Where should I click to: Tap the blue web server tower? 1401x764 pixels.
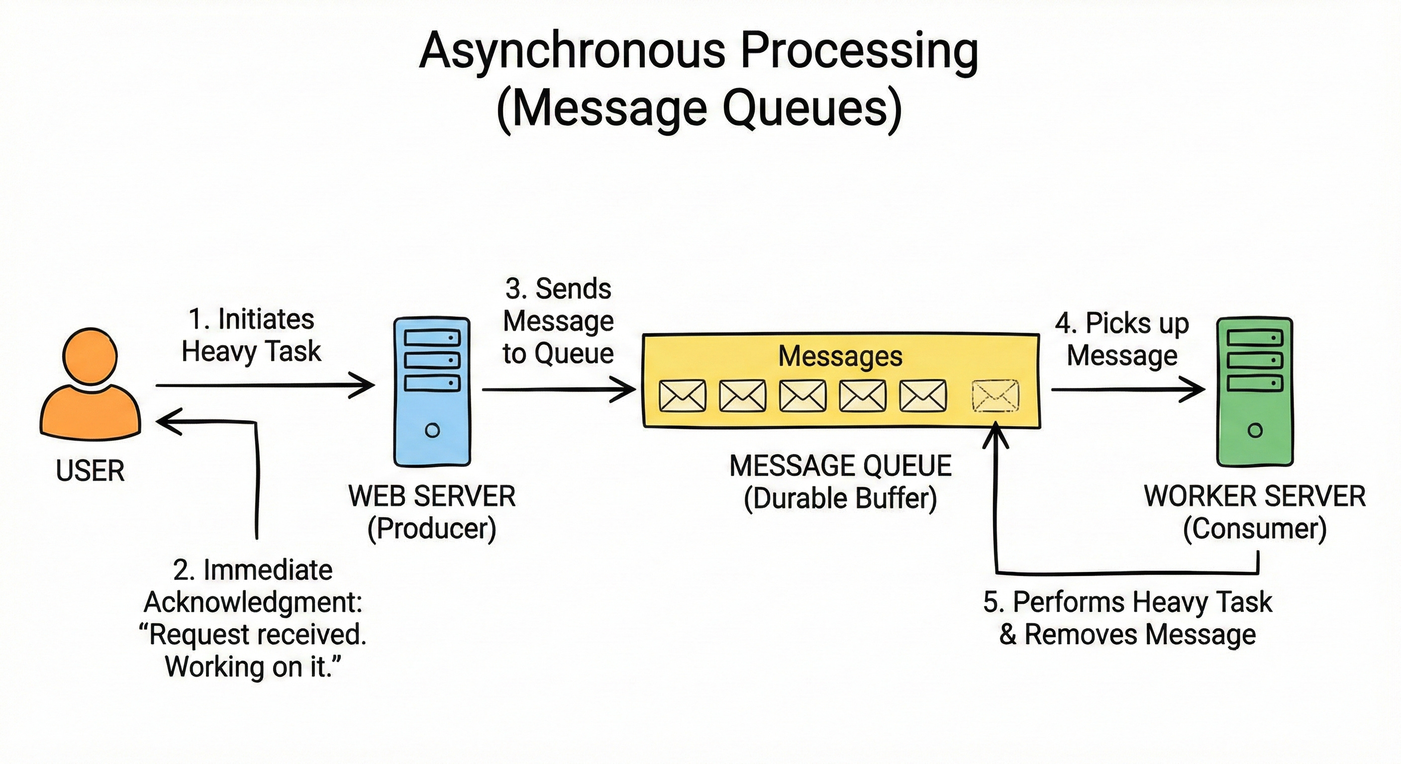click(x=432, y=391)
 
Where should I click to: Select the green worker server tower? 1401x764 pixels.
click(x=1255, y=391)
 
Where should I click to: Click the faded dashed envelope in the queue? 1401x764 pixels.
click(x=995, y=396)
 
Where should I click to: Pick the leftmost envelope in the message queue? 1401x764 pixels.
click(x=683, y=395)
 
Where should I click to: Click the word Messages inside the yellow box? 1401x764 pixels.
click(x=840, y=356)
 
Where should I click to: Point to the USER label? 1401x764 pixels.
click(x=90, y=471)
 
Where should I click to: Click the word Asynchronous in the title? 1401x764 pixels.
click(x=572, y=52)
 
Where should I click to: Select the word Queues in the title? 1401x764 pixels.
click(x=812, y=109)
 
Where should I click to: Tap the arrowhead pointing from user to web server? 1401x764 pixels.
click(x=363, y=385)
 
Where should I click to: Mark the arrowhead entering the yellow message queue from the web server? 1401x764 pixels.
click(x=624, y=389)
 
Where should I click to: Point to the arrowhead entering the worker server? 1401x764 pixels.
click(x=1193, y=389)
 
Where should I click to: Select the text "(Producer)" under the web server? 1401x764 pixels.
click(x=432, y=529)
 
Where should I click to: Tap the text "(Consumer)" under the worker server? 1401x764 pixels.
click(x=1255, y=529)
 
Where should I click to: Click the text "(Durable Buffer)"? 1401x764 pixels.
click(x=840, y=498)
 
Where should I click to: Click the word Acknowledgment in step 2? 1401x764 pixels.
click(x=253, y=602)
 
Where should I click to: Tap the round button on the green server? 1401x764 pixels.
click(x=1255, y=431)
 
